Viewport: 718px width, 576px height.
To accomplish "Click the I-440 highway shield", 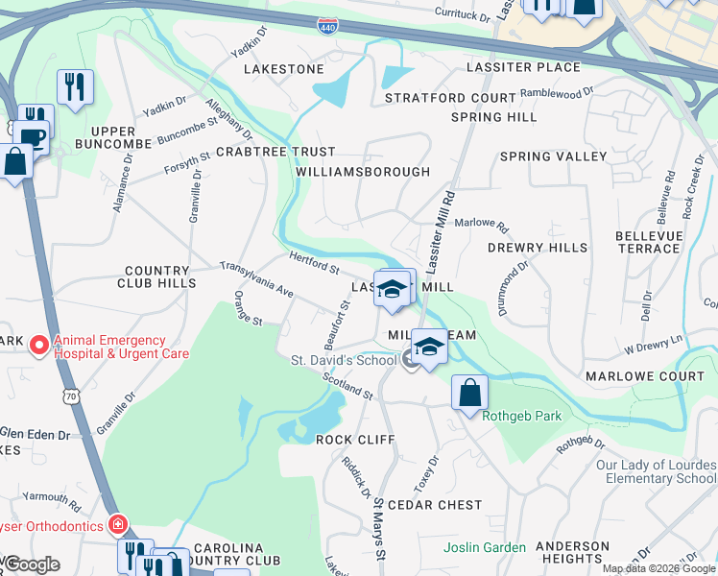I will (x=327, y=28).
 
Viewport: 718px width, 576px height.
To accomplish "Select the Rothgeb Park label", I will (x=521, y=416).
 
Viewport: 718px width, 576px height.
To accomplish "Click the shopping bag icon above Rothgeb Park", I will (x=469, y=393).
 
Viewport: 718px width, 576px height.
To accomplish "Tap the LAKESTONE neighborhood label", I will (x=284, y=69).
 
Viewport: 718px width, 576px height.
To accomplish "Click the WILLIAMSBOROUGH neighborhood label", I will (x=363, y=172).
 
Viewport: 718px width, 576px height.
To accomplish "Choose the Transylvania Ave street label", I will (x=256, y=278).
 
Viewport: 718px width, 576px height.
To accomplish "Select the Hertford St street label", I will (x=314, y=260).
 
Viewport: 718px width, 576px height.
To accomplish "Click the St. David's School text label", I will (x=344, y=360).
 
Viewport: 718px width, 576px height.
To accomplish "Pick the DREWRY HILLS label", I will (x=538, y=248).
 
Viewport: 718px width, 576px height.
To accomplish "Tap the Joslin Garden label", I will (x=485, y=548).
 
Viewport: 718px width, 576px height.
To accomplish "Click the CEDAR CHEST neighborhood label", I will (x=442, y=505).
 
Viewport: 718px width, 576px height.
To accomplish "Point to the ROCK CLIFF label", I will (x=349, y=439).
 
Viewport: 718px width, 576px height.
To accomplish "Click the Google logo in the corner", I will (x=31, y=564).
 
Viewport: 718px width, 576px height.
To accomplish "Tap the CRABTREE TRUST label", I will (x=275, y=152).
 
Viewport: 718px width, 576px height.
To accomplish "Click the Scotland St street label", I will (x=347, y=386).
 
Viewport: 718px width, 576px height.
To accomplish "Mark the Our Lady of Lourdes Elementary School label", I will (x=656, y=471).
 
